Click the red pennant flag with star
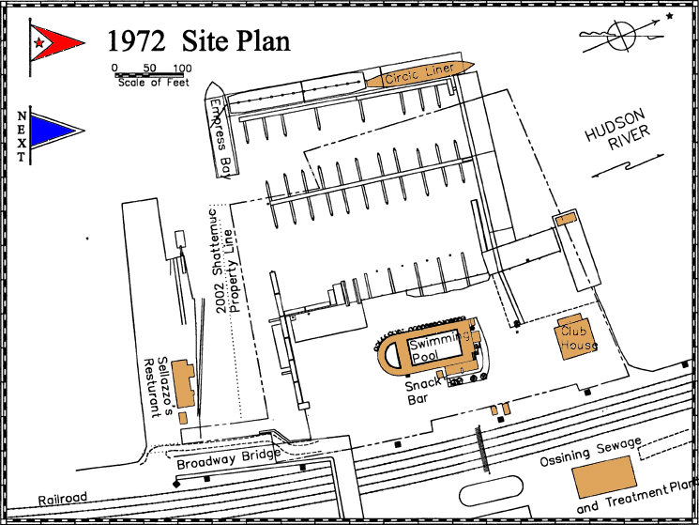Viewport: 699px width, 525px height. click(x=55, y=43)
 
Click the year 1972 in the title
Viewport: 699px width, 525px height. click(x=136, y=41)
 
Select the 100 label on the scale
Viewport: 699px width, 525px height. click(x=182, y=69)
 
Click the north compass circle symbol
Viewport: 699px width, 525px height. click(x=621, y=36)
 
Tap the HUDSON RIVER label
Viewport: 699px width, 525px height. click(x=617, y=130)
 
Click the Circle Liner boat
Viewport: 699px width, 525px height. click(x=420, y=73)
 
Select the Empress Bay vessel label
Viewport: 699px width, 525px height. click(x=221, y=139)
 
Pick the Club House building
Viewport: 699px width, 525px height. click(x=575, y=337)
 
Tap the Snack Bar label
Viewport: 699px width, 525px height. click(x=421, y=391)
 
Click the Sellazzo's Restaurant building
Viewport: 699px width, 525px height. click(x=184, y=383)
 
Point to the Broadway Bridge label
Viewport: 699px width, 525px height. click(x=228, y=458)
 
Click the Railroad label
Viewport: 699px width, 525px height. click(x=63, y=499)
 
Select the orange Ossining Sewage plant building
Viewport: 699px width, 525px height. click(x=604, y=476)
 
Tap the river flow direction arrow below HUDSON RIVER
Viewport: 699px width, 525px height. click(x=628, y=165)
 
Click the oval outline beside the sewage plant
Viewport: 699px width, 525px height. click(x=491, y=490)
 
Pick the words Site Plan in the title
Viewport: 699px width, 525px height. click(x=236, y=41)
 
